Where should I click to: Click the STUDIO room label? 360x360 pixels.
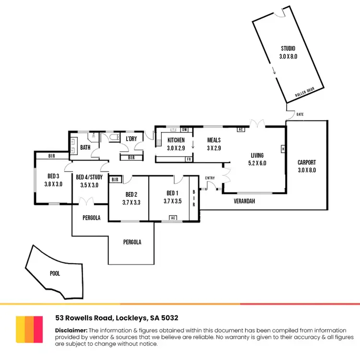click(x=288, y=48)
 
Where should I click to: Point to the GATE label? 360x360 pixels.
click(x=300, y=114)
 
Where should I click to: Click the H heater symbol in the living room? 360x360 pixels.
click(x=283, y=148)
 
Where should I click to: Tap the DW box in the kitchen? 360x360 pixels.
click(x=185, y=130)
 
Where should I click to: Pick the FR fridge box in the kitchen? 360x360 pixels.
click(x=189, y=158)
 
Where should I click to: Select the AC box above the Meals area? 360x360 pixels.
click(x=240, y=130)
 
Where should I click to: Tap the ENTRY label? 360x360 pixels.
click(x=210, y=178)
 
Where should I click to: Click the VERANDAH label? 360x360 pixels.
click(x=244, y=201)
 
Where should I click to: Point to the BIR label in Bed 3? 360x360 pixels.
click(x=52, y=156)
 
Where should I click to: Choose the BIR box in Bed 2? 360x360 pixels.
click(x=115, y=180)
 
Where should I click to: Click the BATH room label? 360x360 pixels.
click(x=85, y=147)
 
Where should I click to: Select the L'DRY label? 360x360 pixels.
click(x=131, y=139)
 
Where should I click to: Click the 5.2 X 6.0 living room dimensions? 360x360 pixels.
click(x=257, y=163)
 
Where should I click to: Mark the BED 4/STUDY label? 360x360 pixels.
click(x=90, y=177)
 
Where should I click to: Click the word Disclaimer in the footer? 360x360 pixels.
click(x=71, y=330)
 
